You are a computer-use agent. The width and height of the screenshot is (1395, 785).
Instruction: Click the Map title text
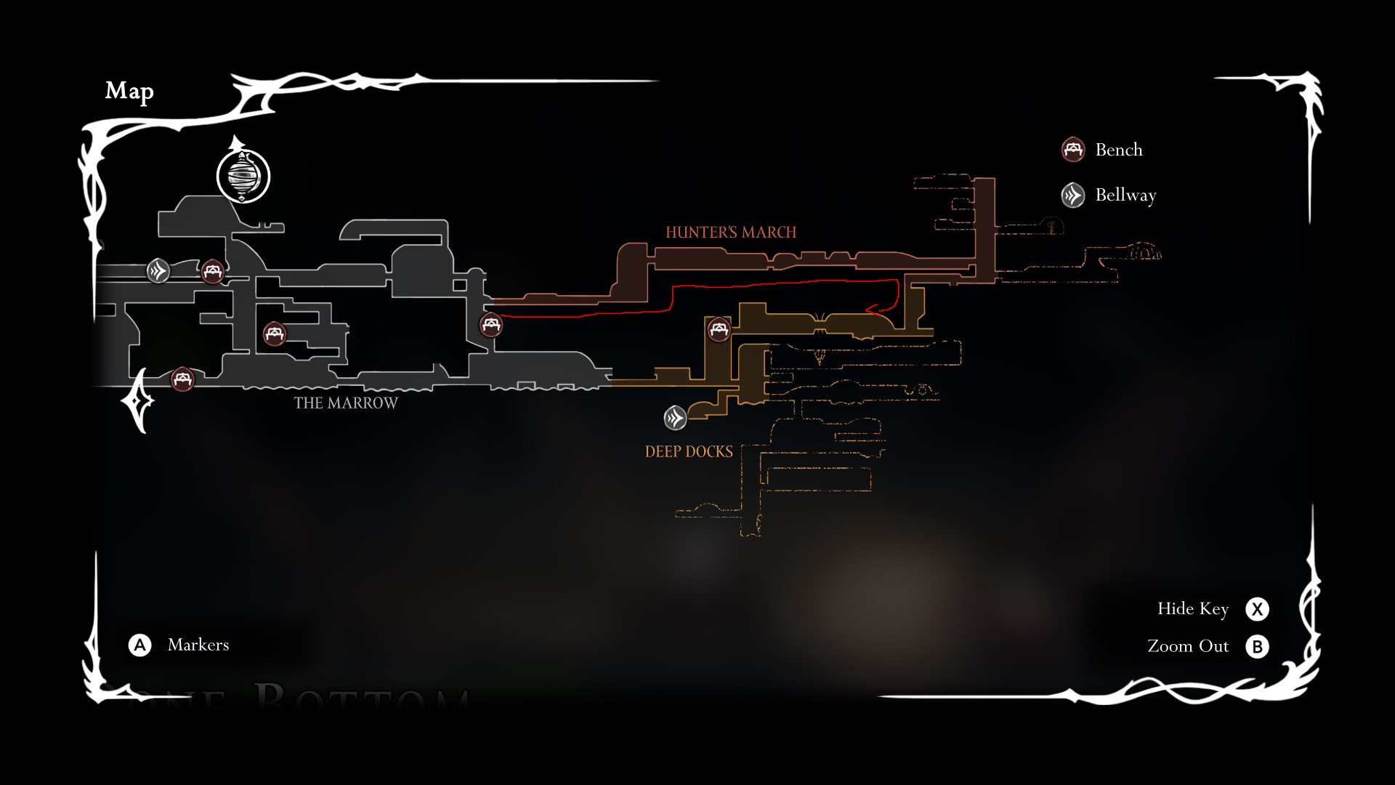click(x=129, y=91)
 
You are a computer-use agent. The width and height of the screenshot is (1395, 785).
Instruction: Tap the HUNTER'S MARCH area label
click(x=731, y=233)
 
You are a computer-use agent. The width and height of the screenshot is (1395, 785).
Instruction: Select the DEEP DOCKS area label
click(x=689, y=451)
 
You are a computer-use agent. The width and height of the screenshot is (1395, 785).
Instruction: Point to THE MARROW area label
click(x=346, y=403)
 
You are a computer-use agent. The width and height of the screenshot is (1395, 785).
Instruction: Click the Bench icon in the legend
click(x=1073, y=150)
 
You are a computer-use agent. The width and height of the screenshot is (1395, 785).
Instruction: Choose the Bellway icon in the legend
click(x=1073, y=195)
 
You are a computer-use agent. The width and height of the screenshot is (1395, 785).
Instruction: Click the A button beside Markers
click(x=140, y=645)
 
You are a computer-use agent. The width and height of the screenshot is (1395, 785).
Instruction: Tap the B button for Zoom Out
click(x=1257, y=647)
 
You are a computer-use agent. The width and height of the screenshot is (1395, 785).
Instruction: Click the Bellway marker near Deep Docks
click(x=675, y=418)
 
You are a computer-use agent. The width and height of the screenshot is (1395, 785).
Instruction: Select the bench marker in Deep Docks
click(x=719, y=329)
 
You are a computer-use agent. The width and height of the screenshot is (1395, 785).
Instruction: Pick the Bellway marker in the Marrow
click(x=158, y=271)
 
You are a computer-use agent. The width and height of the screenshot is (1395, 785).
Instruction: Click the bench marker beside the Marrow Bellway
click(x=212, y=271)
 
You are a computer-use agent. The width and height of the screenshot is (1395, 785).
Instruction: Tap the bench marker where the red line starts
click(x=491, y=324)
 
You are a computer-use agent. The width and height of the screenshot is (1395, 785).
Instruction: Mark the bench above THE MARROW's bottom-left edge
click(x=182, y=379)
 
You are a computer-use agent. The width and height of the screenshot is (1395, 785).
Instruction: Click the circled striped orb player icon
click(x=243, y=176)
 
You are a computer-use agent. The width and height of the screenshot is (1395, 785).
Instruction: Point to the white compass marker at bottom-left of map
click(x=137, y=401)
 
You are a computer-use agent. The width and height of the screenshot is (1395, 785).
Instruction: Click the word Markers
click(x=198, y=645)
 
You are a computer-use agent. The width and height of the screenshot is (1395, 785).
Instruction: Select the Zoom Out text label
click(x=1188, y=646)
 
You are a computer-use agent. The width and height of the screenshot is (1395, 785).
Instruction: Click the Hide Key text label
click(x=1193, y=608)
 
